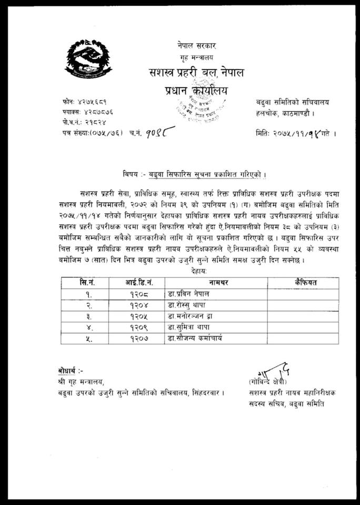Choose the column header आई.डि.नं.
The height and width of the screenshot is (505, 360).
pyautogui.click(x=138, y=283)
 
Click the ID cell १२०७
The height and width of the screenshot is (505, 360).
pyautogui.click(x=138, y=339)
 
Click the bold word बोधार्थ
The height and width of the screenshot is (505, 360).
pyautogui.click(x=70, y=371)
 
